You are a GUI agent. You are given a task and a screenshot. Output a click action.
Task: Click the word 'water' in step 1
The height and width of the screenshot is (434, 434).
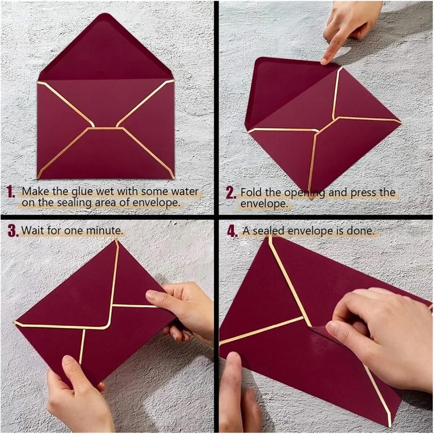click(x=185, y=191)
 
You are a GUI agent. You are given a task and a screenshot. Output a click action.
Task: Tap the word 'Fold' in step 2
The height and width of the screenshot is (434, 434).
click(x=252, y=192)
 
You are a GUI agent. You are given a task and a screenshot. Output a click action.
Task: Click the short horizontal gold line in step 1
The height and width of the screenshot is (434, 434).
click(x=105, y=127)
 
